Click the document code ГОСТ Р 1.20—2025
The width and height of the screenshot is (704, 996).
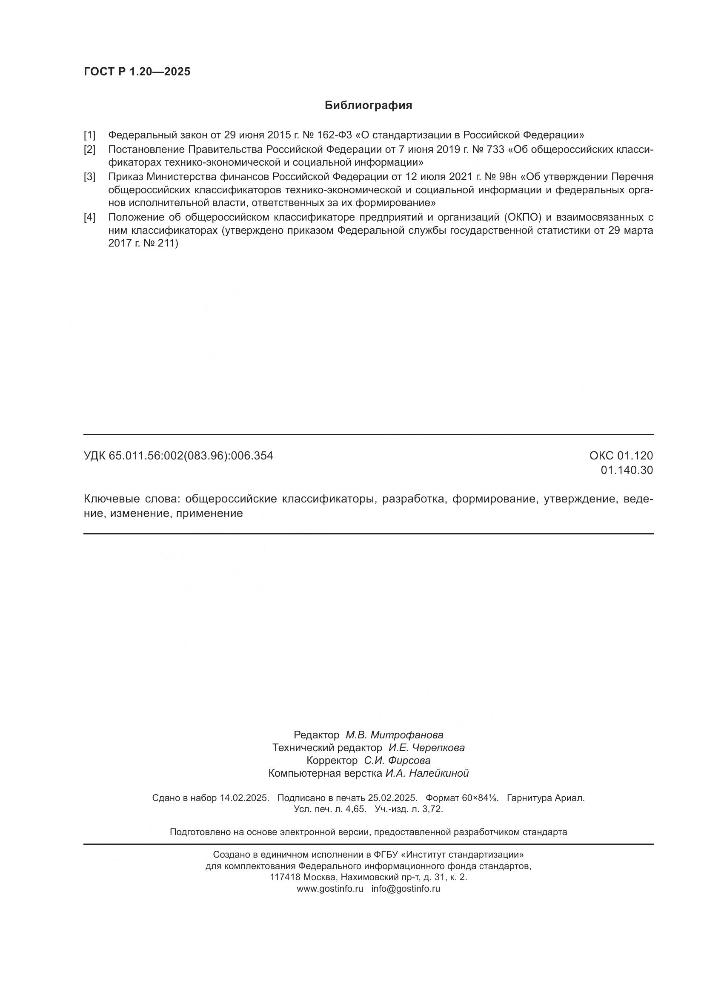pyautogui.click(x=137, y=72)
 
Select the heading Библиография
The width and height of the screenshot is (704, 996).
pyautogui.click(x=368, y=106)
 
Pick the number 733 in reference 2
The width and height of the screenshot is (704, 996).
pyautogui.click(x=495, y=149)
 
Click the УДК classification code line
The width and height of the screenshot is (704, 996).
pyautogui.click(x=178, y=456)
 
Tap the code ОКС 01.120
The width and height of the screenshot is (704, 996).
pyautogui.click(x=621, y=456)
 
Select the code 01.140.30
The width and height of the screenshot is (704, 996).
pyautogui.click(x=627, y=470)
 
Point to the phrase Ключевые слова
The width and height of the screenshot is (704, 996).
pyautogui.click(x=131, y=499)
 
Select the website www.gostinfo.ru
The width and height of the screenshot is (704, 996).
pyautogui.click(x=330, y=888)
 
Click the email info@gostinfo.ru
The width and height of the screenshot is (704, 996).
pyautogui.click(x=406, y=888)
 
